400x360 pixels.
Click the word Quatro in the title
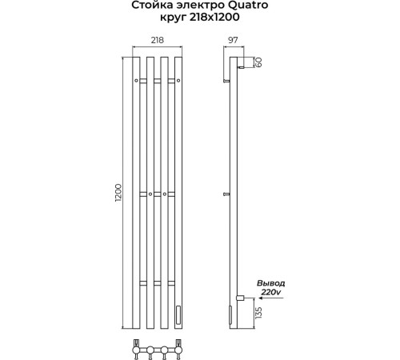pyautogui.click(x=248, y=5)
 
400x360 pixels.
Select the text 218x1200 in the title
pyautogui.click(x=214, y=17)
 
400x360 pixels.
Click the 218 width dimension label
pyautogui.click(x=158, y=40)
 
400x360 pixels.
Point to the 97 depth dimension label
pyautogui.click(x=233, y=40)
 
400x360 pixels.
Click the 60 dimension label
pyautogui.click(x=258, y=62)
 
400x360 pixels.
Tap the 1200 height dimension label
pyautogui.click(x=118, y=193)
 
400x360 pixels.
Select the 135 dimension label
pyautogui.click(x=258, y=313)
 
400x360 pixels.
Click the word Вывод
pyautogui.click(x=270, y=283)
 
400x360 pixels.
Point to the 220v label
pyautogui.click(x=270, y=292)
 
